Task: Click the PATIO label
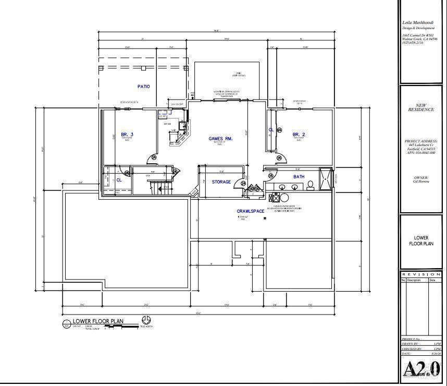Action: click(143, 87)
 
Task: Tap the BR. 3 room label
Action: click(127, 135)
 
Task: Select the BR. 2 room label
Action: click(299, 135)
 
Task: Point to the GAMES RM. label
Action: click(220, 139)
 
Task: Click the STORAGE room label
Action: click(221, 182)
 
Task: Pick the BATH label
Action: click(299, 177)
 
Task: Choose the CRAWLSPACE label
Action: click(251, 211)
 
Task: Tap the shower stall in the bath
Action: click(325, 179)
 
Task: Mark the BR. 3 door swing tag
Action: click(154, 157)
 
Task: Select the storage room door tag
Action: click(243, 183)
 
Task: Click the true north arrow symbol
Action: click(146, 320)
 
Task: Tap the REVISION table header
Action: click(421, 274)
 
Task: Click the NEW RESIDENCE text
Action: click(420, 107)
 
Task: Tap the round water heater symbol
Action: click(284, 198)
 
